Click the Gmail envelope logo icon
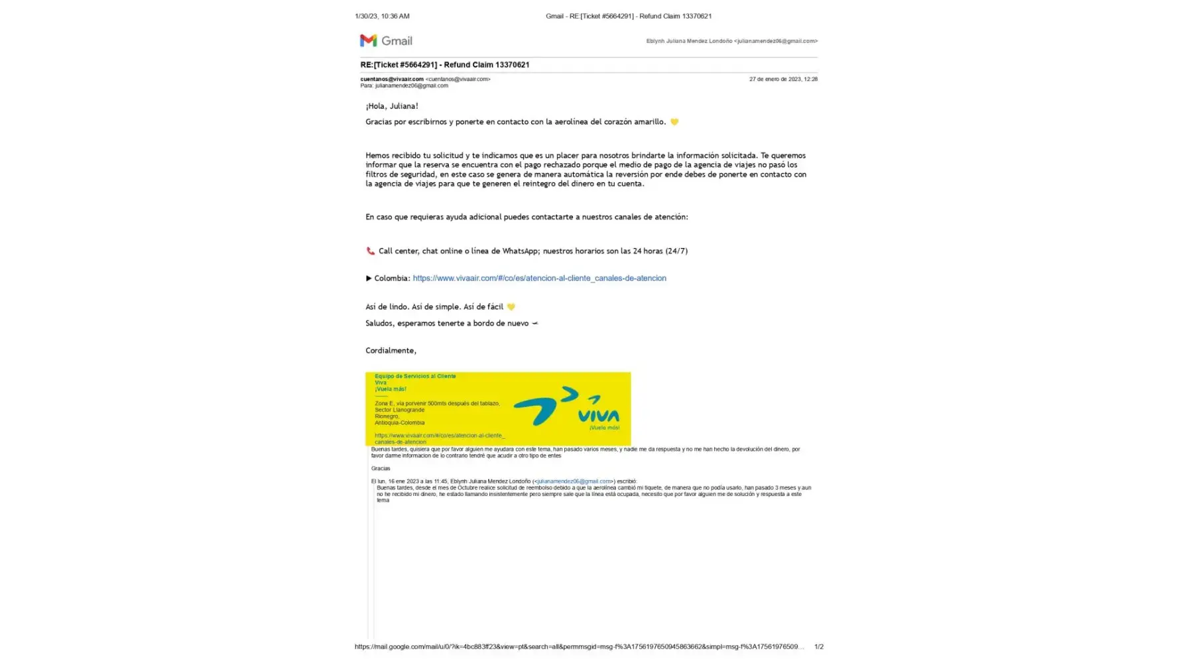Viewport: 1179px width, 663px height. [x=368, y=40]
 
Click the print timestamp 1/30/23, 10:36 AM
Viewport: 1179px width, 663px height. [x=382, y=16]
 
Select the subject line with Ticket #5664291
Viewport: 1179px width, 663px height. [x=444, y=65]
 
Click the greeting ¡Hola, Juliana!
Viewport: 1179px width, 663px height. [x=392, y=106]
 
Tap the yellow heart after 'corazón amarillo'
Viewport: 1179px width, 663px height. [x=674, y=122]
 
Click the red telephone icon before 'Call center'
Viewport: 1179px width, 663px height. [x=370, y=251]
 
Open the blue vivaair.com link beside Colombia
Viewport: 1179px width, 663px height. [x=539, y=278]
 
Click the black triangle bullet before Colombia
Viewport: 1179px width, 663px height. [x=369, y=278]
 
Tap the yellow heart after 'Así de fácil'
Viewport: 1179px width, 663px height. [x=511, y=307]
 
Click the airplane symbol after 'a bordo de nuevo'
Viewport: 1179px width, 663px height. [x=534, y=324]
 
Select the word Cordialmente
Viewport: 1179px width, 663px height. [x=391, y=351]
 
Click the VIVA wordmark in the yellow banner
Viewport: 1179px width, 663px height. [x=598, y=415]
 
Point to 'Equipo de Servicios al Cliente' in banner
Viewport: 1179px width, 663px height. [x=415, y=376]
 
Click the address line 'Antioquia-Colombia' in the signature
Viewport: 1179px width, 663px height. [x=399, y=423]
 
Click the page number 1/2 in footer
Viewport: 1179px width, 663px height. [x=818, y=646]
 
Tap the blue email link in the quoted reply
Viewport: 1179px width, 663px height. [x=574, y=481]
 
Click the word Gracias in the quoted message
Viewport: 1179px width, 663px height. [x=381, y=469]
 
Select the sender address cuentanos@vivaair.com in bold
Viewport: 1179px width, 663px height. [x=392, y=79]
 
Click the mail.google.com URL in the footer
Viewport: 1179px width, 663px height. [x=579, y=646]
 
